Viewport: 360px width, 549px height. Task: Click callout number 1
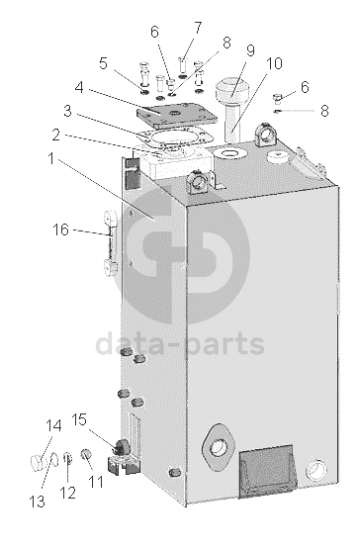pos(51,159)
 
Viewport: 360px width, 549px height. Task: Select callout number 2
pos(55,136)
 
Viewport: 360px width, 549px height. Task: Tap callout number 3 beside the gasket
pos(67,111)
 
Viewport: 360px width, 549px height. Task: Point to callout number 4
pos(79,87)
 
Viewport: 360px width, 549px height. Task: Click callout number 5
pos(103,63)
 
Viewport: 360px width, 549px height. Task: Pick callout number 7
pos(198,28)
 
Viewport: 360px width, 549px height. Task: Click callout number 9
pos(250,50)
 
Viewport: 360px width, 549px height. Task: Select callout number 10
pos(274,63)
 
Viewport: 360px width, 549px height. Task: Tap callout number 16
pos(60,230)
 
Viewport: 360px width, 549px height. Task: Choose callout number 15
pos(79,419)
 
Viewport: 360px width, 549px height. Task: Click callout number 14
pos(53,426)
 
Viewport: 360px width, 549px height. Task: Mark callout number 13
pos(38,502)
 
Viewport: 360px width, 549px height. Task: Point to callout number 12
pos(67,493)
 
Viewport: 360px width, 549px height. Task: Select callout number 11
pos(96,482)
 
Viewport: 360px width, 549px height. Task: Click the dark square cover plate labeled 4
pos(176,115)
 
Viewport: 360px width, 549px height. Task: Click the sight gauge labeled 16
pos(111,242)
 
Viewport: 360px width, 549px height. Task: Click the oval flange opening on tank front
pos(219,448)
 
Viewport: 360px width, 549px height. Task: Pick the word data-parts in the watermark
pos(180,344)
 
